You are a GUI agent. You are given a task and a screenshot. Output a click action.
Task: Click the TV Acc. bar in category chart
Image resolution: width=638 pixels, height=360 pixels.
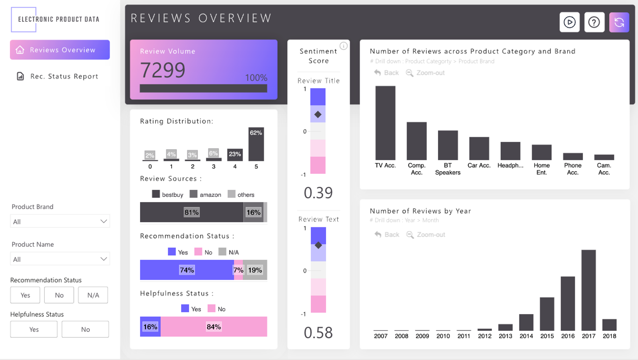tap(385, 123)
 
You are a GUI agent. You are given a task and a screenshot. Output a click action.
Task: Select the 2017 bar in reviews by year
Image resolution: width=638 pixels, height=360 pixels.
tap(588, 290)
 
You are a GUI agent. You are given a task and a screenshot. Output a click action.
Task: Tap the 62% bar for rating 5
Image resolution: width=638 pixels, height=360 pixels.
tap(256, 144)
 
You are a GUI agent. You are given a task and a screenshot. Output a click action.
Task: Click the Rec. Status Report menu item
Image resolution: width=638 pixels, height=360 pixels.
tap(64, 77)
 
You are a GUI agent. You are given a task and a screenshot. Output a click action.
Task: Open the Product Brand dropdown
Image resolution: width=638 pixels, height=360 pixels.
tap(60, 221)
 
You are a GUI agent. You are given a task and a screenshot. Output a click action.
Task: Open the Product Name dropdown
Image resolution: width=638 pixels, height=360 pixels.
tap(60, 259)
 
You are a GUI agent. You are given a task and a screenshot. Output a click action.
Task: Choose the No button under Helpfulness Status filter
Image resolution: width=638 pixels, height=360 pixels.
tap(85, 329)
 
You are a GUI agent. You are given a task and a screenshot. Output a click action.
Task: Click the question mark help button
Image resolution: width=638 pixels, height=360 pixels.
tap(594, 22)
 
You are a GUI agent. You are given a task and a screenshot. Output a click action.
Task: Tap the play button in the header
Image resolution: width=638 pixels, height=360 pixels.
tap(569, 22)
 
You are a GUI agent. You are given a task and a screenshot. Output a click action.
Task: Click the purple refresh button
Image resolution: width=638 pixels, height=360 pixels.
tap(619, 22)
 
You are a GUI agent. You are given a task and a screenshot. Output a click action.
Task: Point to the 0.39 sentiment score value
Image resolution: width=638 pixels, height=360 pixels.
tap(318, 193)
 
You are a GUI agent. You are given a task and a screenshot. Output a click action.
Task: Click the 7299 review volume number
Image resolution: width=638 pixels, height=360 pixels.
tap(163, 70)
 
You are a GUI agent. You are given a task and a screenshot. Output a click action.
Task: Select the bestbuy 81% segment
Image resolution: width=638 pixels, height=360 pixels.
tap(191, 212)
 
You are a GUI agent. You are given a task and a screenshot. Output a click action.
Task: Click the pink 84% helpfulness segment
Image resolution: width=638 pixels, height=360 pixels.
tap(214, 327)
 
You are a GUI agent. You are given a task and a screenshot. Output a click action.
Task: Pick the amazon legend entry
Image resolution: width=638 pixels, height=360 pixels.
tap(205, 195)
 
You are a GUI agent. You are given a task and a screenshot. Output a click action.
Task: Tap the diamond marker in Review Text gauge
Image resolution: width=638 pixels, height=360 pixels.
tap(318, 245)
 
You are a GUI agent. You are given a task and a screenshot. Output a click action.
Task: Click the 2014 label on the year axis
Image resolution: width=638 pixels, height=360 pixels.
tap(526, 336)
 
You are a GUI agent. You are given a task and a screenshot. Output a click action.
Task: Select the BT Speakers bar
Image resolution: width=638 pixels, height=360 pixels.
tap(448, 145)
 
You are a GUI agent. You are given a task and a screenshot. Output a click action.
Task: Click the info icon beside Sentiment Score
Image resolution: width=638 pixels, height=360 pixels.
tap(344, 46)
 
